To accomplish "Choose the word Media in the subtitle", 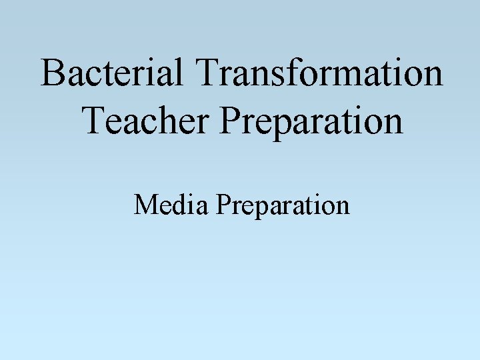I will [x=171, y=205].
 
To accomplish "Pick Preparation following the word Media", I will [x=282, y=206].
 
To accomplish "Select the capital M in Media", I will [x=145, y=205].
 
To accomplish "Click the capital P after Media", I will [x=222, y=205].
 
